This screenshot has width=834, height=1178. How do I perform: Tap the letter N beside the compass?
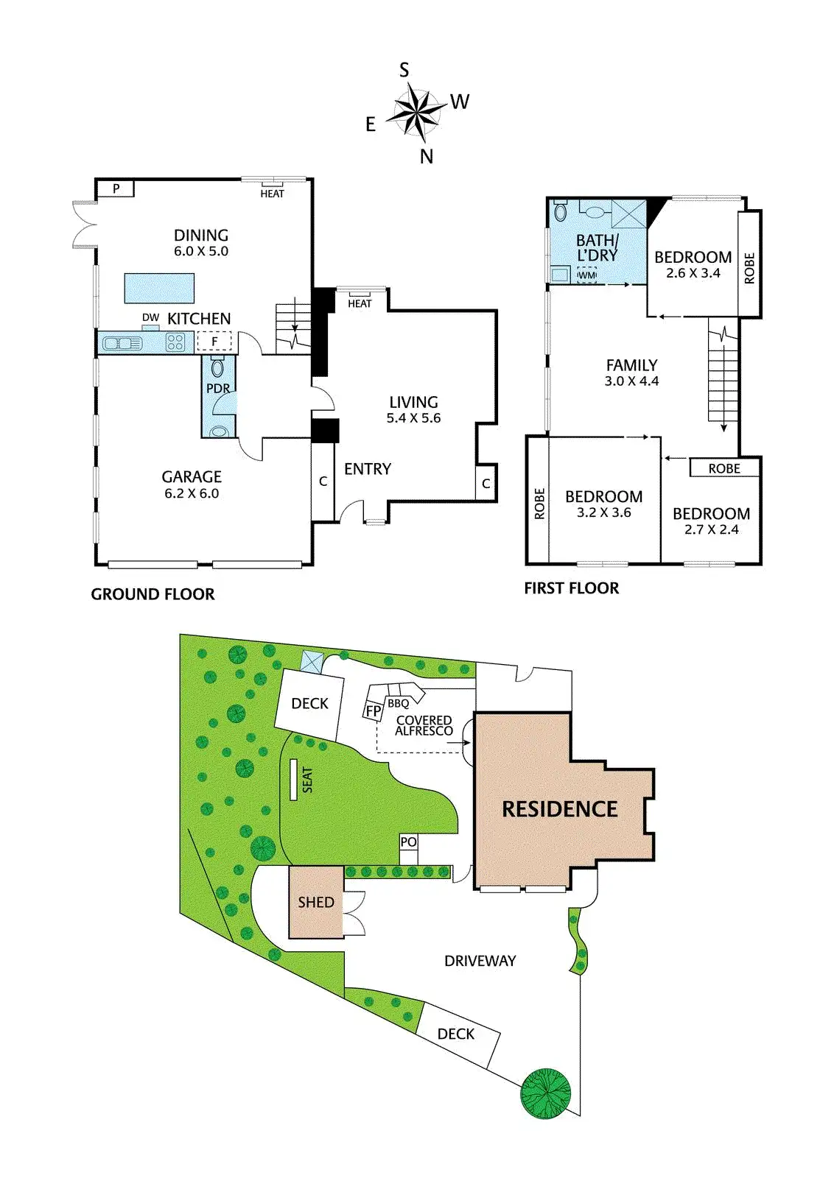(427, 156)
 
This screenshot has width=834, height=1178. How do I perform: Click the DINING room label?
(201, 236)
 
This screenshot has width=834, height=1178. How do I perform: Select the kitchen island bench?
(160, 288)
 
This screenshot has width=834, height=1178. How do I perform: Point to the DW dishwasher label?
(150, 317)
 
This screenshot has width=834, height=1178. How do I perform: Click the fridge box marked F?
(214, 342)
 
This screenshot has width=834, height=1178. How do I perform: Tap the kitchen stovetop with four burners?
(175, 342)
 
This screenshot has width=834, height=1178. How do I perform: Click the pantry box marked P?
(116, 189)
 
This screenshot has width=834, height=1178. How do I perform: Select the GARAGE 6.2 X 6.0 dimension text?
(192, 493)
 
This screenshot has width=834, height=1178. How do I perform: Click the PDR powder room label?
(218, 388)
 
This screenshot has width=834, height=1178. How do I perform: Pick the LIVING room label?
(413, 402)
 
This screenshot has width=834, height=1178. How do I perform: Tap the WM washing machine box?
(586, 275)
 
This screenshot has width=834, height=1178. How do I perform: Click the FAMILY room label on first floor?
(631, 365)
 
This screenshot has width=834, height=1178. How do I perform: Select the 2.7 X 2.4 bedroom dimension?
(711, 529)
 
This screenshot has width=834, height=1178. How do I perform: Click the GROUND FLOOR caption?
(153, 594)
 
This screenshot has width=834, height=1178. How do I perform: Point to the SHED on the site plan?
(316, 902)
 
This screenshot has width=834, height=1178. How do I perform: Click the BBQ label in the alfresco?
(398, 704)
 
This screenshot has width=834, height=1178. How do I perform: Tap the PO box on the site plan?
(408, 842)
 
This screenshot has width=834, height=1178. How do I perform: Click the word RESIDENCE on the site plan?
(559, 809)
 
